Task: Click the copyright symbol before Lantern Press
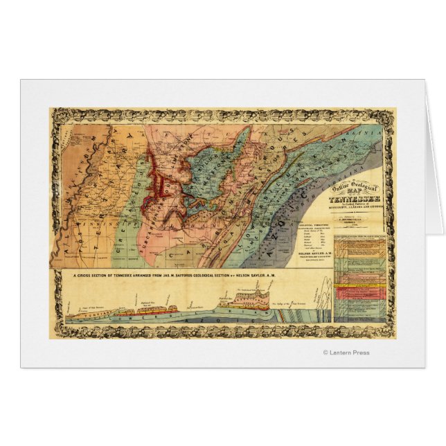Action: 325,353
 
